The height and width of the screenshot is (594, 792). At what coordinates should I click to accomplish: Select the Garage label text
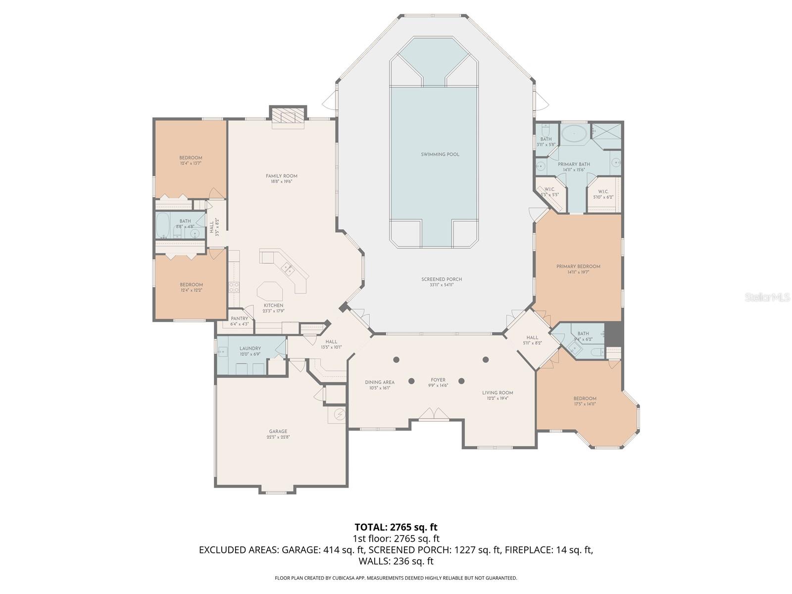click(278, 431)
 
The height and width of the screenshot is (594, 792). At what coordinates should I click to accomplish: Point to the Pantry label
click(240, 319)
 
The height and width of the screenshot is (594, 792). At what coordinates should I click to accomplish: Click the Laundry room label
click(250, 348)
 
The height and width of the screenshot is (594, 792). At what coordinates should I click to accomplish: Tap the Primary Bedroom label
click(578, 266)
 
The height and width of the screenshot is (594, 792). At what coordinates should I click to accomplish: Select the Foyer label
click(438, 380)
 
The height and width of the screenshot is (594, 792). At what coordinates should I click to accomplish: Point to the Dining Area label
click(380, 382)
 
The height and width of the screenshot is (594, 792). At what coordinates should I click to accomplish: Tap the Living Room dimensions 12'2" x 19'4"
click(497, 398)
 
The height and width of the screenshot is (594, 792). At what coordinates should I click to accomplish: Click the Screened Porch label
click(442, 279)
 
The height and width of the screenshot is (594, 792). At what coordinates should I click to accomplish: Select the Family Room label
click(281, 176)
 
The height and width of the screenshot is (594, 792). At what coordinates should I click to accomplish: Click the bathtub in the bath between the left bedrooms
click(163, 226)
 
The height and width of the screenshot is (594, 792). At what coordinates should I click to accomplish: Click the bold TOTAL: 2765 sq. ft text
click(396, 527)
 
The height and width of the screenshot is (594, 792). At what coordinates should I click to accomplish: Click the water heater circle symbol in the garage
click(340, 414)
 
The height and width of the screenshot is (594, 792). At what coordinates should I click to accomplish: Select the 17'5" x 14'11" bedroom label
click(585, 404)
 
